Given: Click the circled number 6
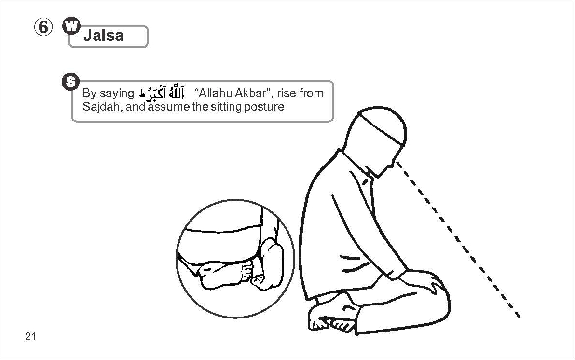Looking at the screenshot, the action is click(x=43, y=27).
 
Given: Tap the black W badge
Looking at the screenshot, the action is click(x=71, y=26).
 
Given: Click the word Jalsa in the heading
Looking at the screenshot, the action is click(x=103, y=35).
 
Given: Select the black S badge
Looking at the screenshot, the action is click(x=71, y=82).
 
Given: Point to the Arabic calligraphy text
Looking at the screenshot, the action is click(x=161, y=93).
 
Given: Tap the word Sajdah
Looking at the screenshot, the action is click(x=102, y=107).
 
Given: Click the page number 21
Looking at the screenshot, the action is click(x=30, y=336).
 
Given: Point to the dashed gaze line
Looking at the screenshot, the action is click(x=458, y=240).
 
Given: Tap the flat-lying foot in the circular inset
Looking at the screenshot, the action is click(x=224, y=275).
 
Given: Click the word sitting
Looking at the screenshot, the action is click(x=224, y=107).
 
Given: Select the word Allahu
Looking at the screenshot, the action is click(x=215, y=93).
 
